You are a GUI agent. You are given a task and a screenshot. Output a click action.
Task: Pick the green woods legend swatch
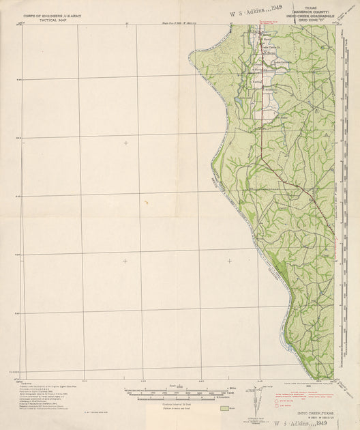226,408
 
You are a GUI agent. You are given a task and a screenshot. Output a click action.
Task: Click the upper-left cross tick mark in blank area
125,143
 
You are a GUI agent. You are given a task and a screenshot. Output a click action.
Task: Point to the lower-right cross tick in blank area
229,261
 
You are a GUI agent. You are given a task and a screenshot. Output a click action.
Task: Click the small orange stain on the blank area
146,202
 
